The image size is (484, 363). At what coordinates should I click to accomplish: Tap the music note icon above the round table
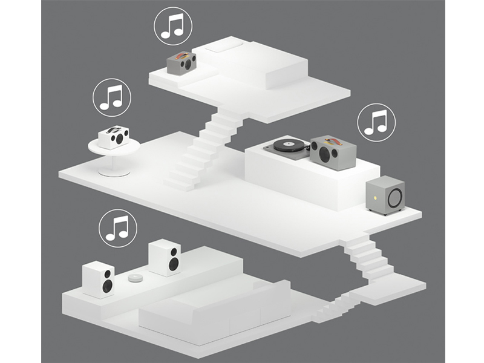(x=111, y=97)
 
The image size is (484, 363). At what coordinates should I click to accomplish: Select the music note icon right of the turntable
(x=376, y=121)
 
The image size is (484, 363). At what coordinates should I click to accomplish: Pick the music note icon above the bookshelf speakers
(x=118, y=228)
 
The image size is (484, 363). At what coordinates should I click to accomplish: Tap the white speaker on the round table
(x=113, y=137)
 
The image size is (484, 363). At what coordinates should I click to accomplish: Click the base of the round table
(x=114, y=172)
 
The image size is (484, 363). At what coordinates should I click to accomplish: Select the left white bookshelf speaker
(x=99, y=279)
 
